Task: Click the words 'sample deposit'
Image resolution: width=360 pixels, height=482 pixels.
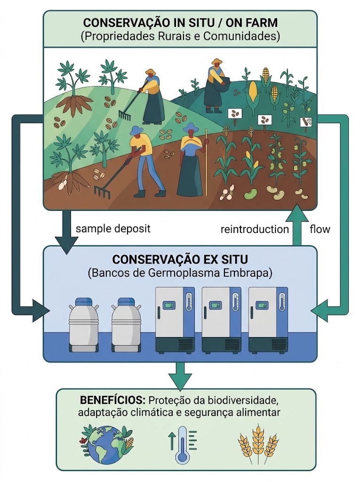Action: pyautogui.click(x=113, y=229)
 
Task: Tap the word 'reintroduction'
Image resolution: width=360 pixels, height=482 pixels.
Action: pyautogui.click(x=255, y=229)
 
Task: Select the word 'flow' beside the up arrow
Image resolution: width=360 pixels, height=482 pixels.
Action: pyautogui.click(x=320, y=229)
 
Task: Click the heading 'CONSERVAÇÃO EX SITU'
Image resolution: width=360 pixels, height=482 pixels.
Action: pyautogui.click(x=180, y=259)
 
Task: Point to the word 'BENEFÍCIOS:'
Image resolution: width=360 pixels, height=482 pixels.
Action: pyautogui.click(x=112, y=400)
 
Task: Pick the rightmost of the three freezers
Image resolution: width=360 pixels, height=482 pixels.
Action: pyautogui.click(x=268, y=320)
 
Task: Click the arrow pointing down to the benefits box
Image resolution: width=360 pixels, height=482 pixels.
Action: pyautogui.click(x=180, y=375)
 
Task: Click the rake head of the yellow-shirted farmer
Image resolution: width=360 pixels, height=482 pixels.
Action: pyautogui.click(x=102, y=191)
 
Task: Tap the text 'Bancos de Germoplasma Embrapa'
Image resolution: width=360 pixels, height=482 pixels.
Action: pyautogui.click(x=180, y=273)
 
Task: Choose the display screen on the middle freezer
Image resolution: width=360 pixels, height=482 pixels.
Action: pyautogui.click(x=215, y=306)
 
